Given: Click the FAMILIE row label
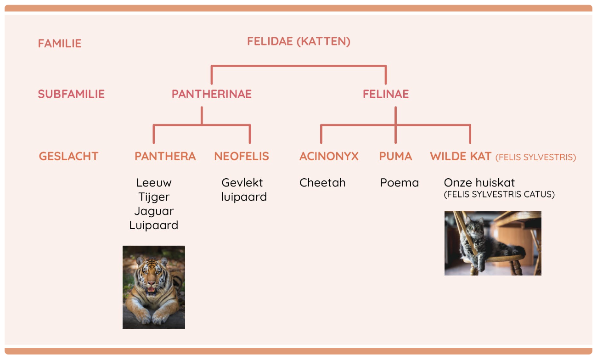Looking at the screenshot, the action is (60, 44).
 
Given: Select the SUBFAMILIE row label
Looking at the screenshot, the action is (71, 94).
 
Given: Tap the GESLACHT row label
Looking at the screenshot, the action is (68, 157).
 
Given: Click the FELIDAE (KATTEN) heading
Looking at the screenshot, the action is (299, 42).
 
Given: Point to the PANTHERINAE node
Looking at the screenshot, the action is (212, 94).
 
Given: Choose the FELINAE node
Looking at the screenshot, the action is (386, 94).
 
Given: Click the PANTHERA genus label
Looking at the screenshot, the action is (165, 157).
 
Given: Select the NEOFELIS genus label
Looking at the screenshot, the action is (242, 157).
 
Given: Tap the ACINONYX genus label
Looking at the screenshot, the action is (329, 157).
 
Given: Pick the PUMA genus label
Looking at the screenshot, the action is (396, 157).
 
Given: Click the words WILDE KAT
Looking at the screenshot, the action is (461, 157).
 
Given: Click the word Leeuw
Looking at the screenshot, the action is (154, 183).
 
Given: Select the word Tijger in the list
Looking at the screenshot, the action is (154, 197).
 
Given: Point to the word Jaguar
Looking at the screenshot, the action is (154, 212).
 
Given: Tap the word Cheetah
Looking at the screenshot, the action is (322, 183).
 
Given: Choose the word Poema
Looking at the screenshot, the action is (400, 183).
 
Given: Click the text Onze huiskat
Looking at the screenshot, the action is (479, 183).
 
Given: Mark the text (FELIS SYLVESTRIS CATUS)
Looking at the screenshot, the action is (499, 195).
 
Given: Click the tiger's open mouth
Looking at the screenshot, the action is (152, 290).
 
